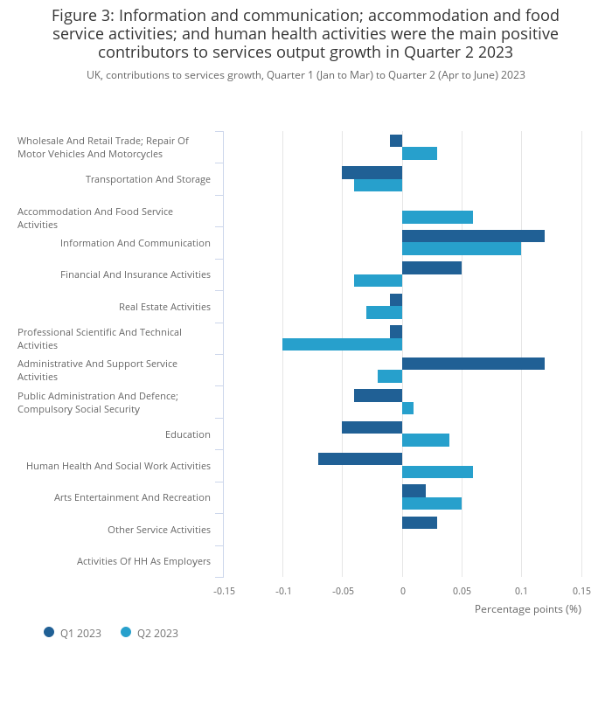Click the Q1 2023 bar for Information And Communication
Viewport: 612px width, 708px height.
[473, 236]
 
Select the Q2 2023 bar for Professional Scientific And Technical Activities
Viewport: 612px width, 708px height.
[342, 344]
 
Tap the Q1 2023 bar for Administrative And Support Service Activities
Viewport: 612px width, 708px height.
[473, 364]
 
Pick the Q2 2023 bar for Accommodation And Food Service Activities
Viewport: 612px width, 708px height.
[437, 217]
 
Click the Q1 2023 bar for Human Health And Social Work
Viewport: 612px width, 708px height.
[360, 459]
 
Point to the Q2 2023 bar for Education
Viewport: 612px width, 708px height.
[426, 440]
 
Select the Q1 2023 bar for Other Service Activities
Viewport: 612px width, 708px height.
[420, 523]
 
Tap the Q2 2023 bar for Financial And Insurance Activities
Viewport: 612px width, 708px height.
[378, 281]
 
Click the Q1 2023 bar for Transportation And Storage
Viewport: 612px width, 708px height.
[372, 172]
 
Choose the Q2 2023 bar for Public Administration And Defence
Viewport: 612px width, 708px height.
[407, 408]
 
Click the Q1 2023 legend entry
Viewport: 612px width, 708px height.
[73, 633]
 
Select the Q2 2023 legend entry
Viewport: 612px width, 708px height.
[150, 633]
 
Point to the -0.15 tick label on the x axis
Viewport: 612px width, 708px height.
[224, 591]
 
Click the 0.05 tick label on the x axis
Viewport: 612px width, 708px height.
[462, 591]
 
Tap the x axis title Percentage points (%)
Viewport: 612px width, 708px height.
[527, 608]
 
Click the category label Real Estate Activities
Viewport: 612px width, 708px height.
[164, 307]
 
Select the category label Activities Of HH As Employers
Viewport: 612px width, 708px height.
[143, 561]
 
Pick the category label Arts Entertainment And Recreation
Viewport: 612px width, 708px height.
[132, 497]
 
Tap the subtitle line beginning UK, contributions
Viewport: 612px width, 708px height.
[305, 75]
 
